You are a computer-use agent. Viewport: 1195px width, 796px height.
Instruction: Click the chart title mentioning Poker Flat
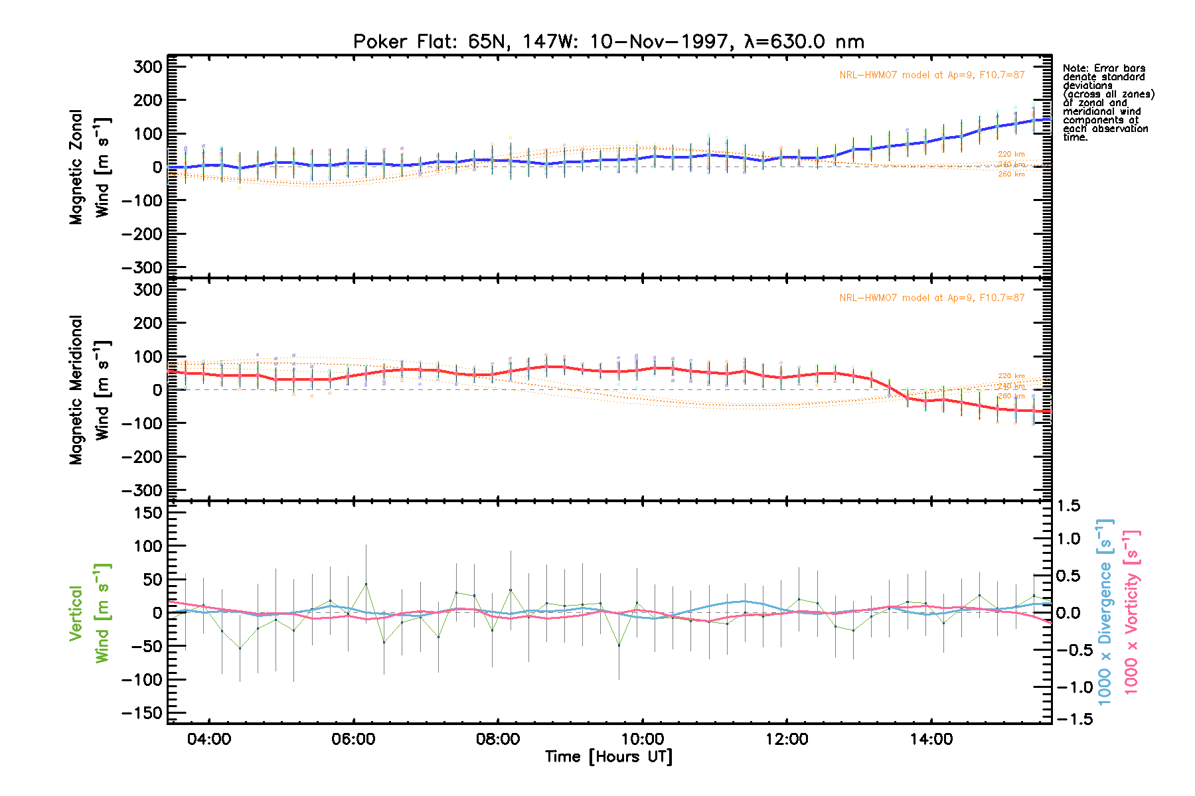[x=608, y=42]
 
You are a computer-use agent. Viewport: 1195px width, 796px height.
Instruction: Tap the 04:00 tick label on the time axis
[x=209, y=739]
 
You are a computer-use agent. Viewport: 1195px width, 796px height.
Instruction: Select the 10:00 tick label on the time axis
[x=642, y=739]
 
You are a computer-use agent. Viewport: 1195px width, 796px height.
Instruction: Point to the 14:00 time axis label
[x=931, y=739]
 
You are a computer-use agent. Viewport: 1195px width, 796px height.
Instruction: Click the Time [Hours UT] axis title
[x=608, y=757]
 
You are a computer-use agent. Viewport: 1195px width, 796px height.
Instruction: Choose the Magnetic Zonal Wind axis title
[x=89, y=167]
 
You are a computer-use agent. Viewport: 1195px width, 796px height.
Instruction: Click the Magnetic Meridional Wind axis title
[x=89, y=390]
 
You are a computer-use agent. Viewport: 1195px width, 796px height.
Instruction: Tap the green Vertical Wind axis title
[x=89, y=613]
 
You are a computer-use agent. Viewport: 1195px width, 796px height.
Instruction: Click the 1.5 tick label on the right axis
[x=1068, y=506]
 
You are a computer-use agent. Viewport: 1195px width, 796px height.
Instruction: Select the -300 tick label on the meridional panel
[x=143, y=490]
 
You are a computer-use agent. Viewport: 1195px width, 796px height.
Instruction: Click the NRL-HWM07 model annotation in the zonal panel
[x=931, y=75]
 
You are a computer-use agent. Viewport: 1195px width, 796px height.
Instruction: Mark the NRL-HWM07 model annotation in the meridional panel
[x=931, y=298]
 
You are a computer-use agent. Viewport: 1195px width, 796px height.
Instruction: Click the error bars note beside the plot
[x=1107, y=103]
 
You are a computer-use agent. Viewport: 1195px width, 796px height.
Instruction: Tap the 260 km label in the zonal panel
[x=1011, y=174]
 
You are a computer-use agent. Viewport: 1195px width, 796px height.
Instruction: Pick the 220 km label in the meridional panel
[x=1011, y=376]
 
